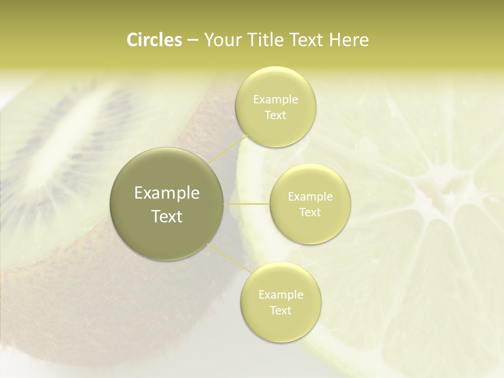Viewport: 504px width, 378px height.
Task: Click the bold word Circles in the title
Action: pos(154,39)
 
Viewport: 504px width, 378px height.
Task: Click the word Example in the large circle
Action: pos(167,193)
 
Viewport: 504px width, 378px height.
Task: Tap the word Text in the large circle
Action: pos(167,216)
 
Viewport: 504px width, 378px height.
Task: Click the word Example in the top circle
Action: pos(276,100)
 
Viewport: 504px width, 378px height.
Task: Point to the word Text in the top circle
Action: pos(276,115)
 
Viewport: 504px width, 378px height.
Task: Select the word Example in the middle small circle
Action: pos(310,197)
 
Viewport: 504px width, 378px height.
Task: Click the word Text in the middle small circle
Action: pos(310,212)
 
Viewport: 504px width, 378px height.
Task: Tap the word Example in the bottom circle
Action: pos(280,295)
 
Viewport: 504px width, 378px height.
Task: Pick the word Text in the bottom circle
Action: pos(280,310)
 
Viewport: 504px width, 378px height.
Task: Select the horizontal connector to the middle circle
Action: pos(247,204)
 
